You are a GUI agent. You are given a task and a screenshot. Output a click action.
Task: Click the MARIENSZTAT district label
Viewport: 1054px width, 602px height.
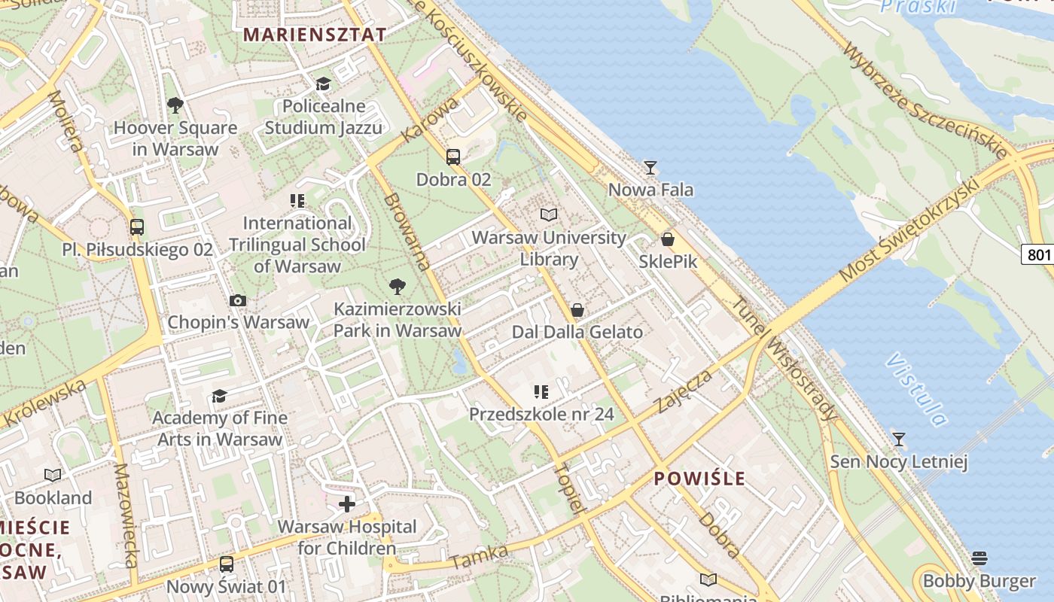pos(315,35)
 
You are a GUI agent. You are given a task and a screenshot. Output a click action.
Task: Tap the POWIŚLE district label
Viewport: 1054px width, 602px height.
pos(699,479)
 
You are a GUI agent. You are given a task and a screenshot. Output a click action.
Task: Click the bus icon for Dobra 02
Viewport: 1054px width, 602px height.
pos(453,157)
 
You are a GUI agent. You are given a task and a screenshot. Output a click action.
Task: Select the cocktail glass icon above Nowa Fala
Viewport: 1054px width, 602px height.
pos(650,168)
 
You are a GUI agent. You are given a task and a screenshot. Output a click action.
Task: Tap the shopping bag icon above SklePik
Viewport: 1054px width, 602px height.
pos(667,240)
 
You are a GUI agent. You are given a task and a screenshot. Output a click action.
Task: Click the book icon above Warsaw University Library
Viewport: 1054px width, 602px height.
pos(549,215)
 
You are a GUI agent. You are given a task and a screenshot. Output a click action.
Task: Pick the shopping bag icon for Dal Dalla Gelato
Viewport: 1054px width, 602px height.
pos(577,310)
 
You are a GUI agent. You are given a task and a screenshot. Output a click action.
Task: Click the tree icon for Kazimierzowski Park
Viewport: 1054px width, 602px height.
pos(397,287)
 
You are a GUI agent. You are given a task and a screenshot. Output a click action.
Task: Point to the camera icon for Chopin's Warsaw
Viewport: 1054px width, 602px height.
pos(238,301)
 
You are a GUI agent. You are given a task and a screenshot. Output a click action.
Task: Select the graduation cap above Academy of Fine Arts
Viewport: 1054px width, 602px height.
pos(219,396)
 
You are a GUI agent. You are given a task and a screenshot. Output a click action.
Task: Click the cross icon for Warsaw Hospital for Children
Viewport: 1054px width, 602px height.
pos(346,504)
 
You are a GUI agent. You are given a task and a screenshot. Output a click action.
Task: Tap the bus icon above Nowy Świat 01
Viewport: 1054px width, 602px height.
pos(226,564)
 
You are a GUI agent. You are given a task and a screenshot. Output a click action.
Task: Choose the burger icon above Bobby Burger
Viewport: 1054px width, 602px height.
pos(979,558)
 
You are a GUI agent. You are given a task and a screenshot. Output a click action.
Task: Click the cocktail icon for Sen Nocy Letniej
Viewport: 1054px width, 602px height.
pos(898,439)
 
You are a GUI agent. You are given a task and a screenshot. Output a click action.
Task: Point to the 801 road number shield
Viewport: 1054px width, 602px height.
pos(1038,254)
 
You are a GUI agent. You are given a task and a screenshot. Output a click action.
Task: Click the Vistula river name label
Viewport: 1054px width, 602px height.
pos(917,388)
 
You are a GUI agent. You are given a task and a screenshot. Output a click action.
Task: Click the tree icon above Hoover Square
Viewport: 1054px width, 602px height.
pos(175,105)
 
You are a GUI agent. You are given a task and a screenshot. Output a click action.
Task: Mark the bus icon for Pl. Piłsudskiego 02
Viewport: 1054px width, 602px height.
pos(137,227)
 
